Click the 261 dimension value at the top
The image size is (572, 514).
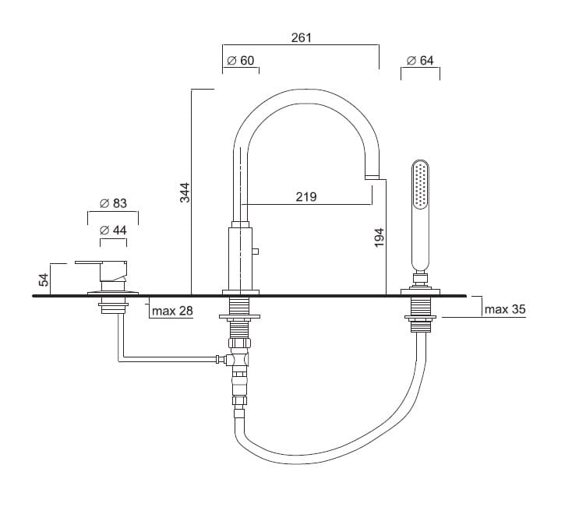[301, 37]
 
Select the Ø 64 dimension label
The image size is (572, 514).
[420, 61]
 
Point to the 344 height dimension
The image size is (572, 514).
[185, 192]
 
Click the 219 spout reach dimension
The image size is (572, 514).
[306, 197]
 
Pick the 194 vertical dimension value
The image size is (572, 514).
[380, 238]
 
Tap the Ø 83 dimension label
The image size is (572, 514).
[114, 204]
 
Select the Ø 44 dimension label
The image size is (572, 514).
[114, 231]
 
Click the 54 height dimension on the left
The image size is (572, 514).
[44, 278]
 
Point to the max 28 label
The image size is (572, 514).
[173, 312]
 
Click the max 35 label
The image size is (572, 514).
[505, 309]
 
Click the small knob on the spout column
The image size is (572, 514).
[256, 251]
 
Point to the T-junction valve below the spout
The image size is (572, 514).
[238, 359]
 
